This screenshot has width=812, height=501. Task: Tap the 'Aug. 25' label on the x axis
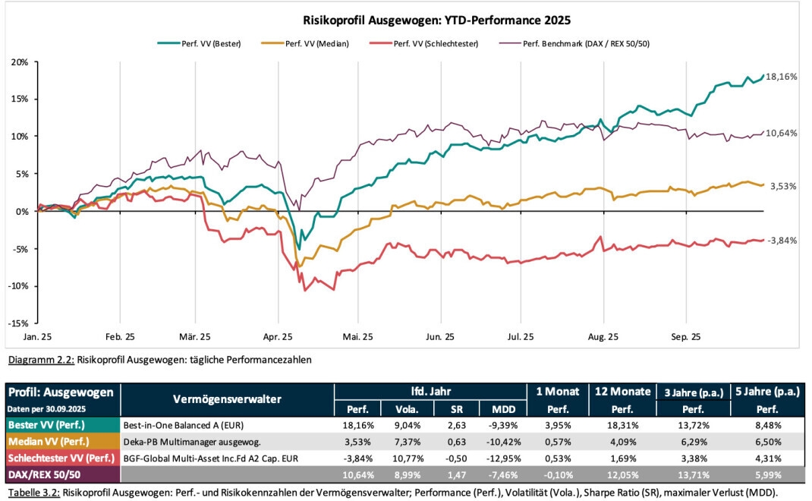click(604, 336)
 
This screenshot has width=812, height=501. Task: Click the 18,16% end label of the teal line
click(782, 77)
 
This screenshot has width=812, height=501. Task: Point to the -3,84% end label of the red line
click(782, 240)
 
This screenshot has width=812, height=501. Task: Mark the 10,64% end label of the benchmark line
click(782, 133)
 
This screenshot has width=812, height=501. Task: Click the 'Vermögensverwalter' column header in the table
click(227, 399)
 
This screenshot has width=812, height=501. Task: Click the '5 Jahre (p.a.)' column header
click(768, 392)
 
